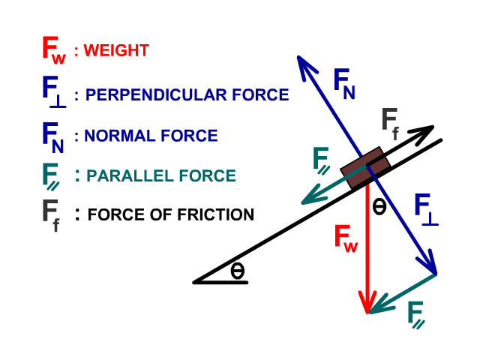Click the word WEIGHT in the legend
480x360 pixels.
pyautogui.click(x=116, y=51)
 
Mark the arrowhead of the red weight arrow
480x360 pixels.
pyautogui.click(x=367, y=306)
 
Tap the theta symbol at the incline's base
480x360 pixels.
pyautogui.click(x=238, y=270)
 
